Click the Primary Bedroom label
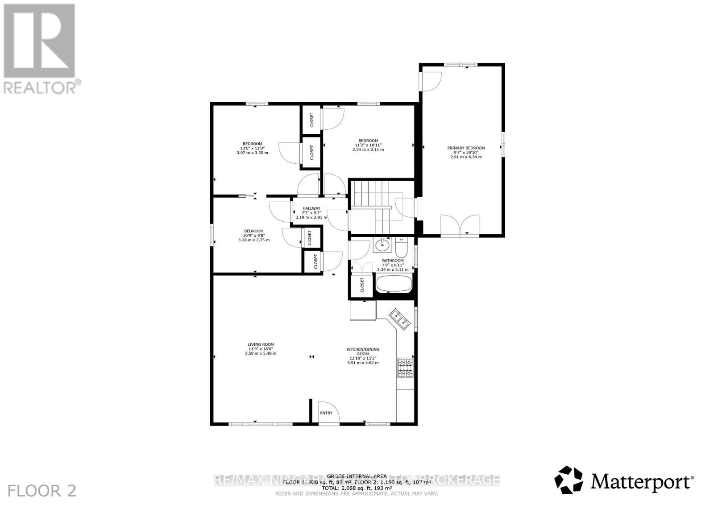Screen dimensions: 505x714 click(x=466, y=148)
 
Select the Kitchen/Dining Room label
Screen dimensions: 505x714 click(x=363, y=352)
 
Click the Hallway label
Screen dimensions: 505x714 click(x=311, y=208)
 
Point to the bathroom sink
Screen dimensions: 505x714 click(x=382, y=245)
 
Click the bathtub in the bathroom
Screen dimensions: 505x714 click(x=394, y=284)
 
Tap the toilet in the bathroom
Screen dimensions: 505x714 click(x=401, y=247)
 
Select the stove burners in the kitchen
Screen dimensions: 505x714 click(x=405, y=368)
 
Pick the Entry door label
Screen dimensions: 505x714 click(x=326, y=413)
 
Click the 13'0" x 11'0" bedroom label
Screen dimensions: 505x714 click(x=253, y=144)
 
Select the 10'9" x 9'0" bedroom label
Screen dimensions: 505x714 click(x=254, y=231)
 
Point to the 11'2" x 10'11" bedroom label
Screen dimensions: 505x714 click(x=368, y=141)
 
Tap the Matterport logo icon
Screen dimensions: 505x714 click(x=569, y=480)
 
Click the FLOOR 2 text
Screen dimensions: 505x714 click(x=42, y=491)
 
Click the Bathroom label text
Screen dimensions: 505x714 click(x=393, y=261)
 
